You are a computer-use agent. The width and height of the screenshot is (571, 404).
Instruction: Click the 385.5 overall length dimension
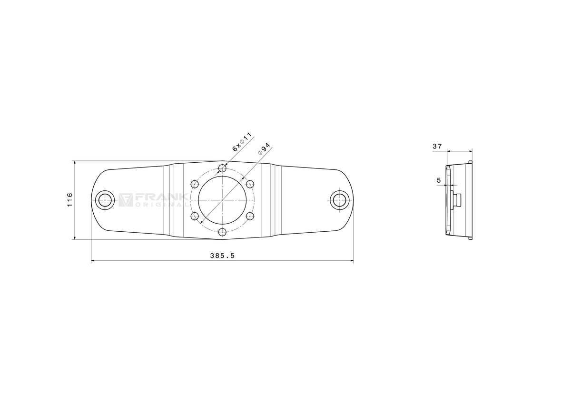point(222,256)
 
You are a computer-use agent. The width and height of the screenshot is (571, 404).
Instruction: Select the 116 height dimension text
point(70,200)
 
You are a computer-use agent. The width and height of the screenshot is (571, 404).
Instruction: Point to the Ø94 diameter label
point(264,149)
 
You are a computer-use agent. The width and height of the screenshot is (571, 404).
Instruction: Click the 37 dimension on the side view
point(437,146)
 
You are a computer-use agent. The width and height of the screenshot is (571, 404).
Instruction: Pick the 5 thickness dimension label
point(439,180)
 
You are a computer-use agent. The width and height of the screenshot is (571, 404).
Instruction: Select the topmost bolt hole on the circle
point(223,168)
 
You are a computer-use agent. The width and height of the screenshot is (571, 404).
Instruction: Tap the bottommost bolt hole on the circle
point(223,232)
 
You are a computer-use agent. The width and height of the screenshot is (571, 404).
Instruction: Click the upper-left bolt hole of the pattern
point(195,184)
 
